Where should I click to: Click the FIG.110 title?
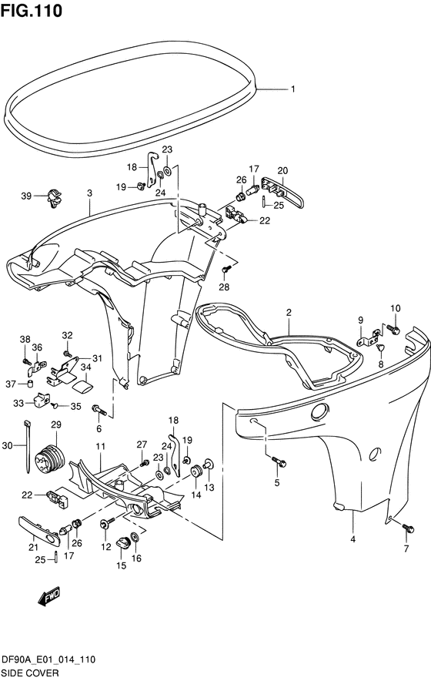click(x=32, y=11)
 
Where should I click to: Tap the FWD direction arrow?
click(x=49, y=597)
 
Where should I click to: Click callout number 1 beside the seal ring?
click(x=293, y=89)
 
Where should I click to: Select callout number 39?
click(x=26, y=196)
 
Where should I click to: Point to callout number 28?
click(x=225, y=287)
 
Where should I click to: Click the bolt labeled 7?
click(x=408, y=528)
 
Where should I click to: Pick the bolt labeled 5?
click(x=279, y=461)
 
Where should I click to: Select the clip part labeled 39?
click(x=54, y=198)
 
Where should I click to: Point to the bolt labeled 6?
click(x=99, y=410)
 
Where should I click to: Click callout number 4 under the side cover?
click(x=352, y=539)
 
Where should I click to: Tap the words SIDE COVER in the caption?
click(x=30, y=673)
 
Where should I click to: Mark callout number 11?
click(x=101, y=446)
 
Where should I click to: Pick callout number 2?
click(x=289, y=312)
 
